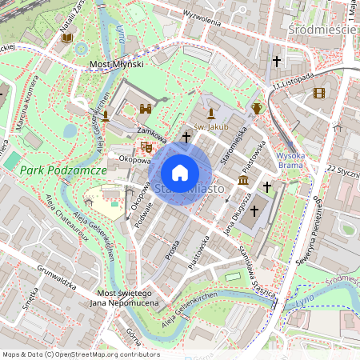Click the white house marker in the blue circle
(180, 172)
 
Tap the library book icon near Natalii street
(67, 38)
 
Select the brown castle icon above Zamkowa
(146, 109)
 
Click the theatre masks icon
(146, 146)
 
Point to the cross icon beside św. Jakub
(186, 138)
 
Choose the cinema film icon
(319, 93)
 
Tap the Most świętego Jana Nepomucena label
(115, 298)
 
